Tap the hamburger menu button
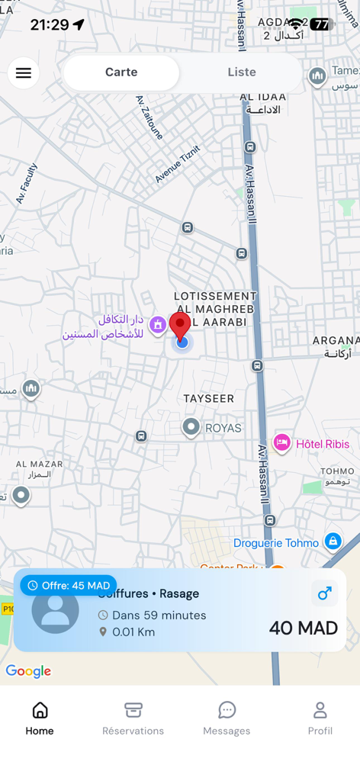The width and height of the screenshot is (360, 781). click(24, 73)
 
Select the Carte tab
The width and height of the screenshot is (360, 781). click(121, 72)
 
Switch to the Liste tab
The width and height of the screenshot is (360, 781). click(242, 72)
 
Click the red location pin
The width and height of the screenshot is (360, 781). click(180, 326)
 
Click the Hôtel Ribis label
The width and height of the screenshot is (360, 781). click(323, 444)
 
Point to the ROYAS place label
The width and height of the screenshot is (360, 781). click(223, 428)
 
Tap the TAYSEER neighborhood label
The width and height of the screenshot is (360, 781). click(209, 399)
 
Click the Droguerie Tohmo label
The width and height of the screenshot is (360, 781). click(276, 543)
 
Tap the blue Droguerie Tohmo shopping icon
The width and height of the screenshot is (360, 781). click(333, 542)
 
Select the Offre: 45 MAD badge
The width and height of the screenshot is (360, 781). click(69, 586)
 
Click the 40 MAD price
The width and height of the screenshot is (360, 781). click(303, 628)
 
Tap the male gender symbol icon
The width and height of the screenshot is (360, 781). click(324, 593)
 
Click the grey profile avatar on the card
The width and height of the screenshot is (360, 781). click(55, 611)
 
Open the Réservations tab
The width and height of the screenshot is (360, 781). click(133, 718)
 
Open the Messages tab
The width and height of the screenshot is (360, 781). click(227, 718)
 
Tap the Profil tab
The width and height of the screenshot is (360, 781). click(320, 718)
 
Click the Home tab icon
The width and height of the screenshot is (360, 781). click(40, 711)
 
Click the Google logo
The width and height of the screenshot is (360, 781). click(28, 671)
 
